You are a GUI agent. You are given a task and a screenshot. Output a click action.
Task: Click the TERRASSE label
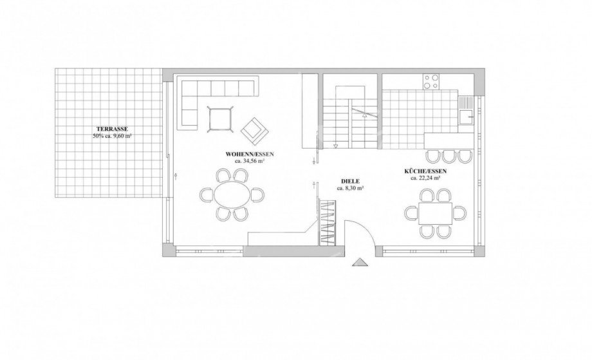point(112,129)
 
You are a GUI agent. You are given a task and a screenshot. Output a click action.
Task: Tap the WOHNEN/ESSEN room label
point(250,154)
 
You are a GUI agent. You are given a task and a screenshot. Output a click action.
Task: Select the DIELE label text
point(349,182)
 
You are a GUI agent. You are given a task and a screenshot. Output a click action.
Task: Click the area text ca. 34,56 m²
point(250,160)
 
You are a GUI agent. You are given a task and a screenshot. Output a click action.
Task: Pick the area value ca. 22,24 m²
point(425,178)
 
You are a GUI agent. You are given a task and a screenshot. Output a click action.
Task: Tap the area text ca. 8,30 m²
point(349,188)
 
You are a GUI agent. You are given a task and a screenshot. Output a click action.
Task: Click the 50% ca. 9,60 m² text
point(112,136)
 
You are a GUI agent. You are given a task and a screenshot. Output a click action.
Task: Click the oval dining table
point(232,194)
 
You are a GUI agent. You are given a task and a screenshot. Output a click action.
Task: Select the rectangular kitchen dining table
point(435,213)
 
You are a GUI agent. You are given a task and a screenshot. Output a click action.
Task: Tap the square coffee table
point(221,119)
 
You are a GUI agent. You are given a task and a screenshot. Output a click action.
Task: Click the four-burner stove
point(432,82)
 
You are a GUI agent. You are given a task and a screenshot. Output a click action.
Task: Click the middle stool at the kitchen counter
point(449,156)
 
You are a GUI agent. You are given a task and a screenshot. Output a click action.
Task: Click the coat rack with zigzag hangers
point(328,222)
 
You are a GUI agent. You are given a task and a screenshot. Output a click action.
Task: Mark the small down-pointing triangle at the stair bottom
point(335,146)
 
